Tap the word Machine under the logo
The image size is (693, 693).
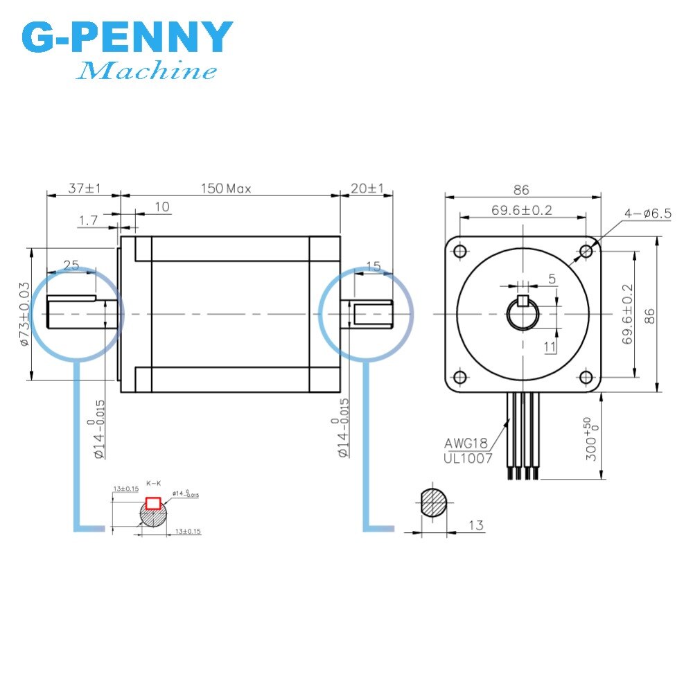tap(147, 71)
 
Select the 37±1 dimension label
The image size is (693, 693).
tap(85, 188)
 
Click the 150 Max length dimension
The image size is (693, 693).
tap(226, 188)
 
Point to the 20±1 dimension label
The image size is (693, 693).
tap(367, 188)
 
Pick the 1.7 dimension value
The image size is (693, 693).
tap(88, 220)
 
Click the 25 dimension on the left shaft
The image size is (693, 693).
tap(71, 265)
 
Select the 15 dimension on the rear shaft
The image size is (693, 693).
tap(373, 265)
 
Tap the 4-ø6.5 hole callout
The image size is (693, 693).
tap(647, 214)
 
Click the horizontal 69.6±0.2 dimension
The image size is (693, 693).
tap(522, 211)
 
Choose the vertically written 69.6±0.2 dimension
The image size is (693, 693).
tap(627, 315)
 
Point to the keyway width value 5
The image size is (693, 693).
tap(552, 279)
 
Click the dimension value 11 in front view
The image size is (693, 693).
tap(550, 345)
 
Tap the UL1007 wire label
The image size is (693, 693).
tap(468, 458)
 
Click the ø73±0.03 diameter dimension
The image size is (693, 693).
tap(24, 313)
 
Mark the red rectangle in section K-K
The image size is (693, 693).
tap(152, 503)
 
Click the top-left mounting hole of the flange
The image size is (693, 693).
tap(458, 251)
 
